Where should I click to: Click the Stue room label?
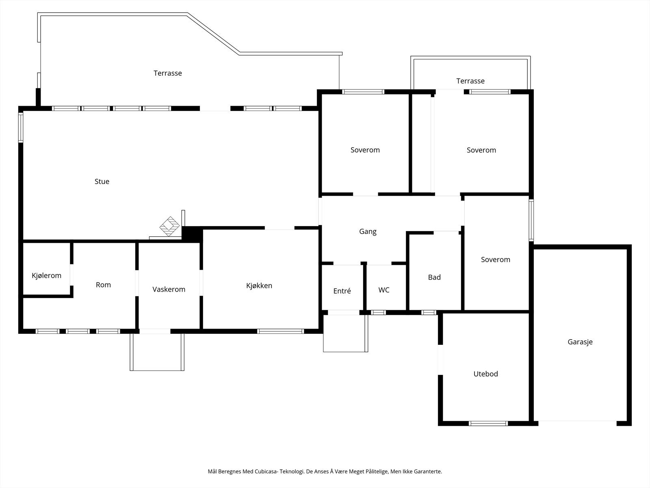(102, 182)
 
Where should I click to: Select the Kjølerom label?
(47, 276)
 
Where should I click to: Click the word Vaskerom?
(169, 290)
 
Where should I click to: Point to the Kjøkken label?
(259, 286)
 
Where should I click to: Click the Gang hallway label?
(368, 232)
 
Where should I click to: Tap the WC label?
(384, 290)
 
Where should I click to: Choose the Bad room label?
(434, 277)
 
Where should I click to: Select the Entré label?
(342, 291)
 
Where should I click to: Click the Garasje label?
(580, 342)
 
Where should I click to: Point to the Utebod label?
(486, 374)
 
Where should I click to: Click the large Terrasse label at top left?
(168, 74)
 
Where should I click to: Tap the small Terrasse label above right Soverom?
(470, 81)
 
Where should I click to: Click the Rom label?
(103, 285)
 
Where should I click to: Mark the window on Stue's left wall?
(21, 127)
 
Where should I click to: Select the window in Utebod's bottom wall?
(488, 423)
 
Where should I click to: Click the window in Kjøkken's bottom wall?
(281, 331)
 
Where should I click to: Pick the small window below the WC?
(379, 313)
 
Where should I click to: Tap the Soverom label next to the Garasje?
(495, 260)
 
